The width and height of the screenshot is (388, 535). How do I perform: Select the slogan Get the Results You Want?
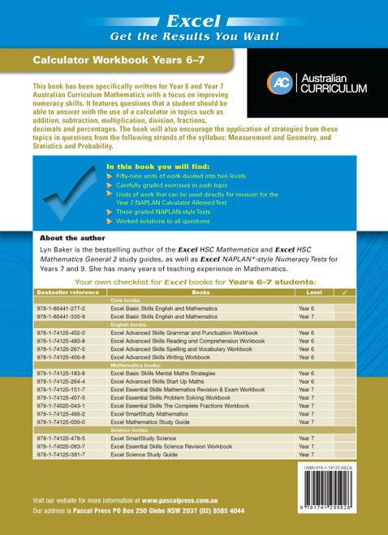tap(194, 36)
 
